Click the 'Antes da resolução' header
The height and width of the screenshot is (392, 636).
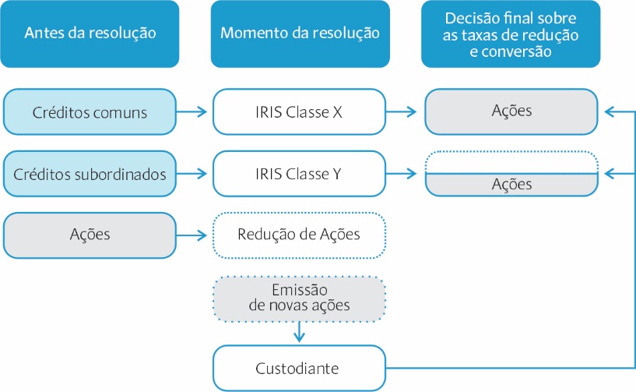(x=90, y=34)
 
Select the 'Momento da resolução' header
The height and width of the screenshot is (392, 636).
(x=300, y=34)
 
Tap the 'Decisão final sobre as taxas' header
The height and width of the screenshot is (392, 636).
(x=511, y=34)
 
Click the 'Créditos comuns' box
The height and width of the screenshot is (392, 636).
(x=90, y=111)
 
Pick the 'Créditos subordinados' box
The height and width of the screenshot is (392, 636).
(x=90, y=174)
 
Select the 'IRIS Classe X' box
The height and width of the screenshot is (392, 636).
(x=300, y=111)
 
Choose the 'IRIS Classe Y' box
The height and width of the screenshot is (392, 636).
(x=300, y=174)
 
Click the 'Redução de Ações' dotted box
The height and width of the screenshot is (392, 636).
(x=300, y=235)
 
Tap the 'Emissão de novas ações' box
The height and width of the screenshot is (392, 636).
(x=300, y=299)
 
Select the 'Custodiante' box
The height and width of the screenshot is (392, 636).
(x=300, y=368)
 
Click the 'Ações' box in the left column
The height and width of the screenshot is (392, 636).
(x=90, y=235)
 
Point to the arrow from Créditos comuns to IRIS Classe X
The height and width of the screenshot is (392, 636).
(x=192, y=111)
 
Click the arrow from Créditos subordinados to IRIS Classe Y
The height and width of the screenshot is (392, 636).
(x=192, y=174)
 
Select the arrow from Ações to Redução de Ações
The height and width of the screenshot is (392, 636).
(x=192, y=235)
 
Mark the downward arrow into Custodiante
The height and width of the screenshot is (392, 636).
(x=300, y=332)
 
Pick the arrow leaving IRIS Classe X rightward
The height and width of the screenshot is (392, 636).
(x=401, y=111)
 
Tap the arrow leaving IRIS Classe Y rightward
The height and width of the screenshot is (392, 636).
(x=401, y=174)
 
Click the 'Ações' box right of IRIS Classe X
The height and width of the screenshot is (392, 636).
(x=511, y=111)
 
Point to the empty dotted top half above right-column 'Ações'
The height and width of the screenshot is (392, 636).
(x=511, y=162)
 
